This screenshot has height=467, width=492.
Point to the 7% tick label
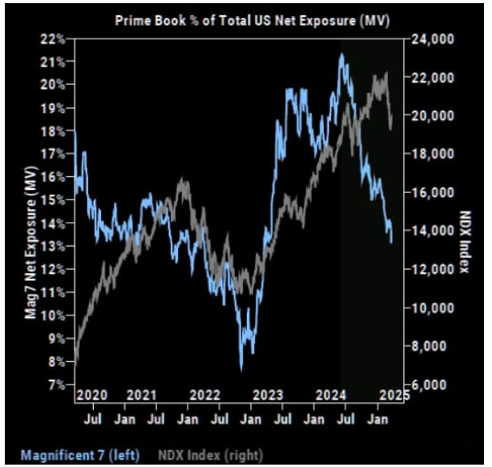[61, 384]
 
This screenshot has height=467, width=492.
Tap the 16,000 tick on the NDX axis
[431, 192]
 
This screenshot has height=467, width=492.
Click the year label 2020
[92, 394]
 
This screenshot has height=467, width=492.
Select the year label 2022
[204, 394]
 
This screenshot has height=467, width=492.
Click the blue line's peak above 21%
[341, 54]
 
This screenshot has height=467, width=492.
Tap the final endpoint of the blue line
[391, 241]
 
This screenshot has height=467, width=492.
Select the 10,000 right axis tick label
[431, 308]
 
